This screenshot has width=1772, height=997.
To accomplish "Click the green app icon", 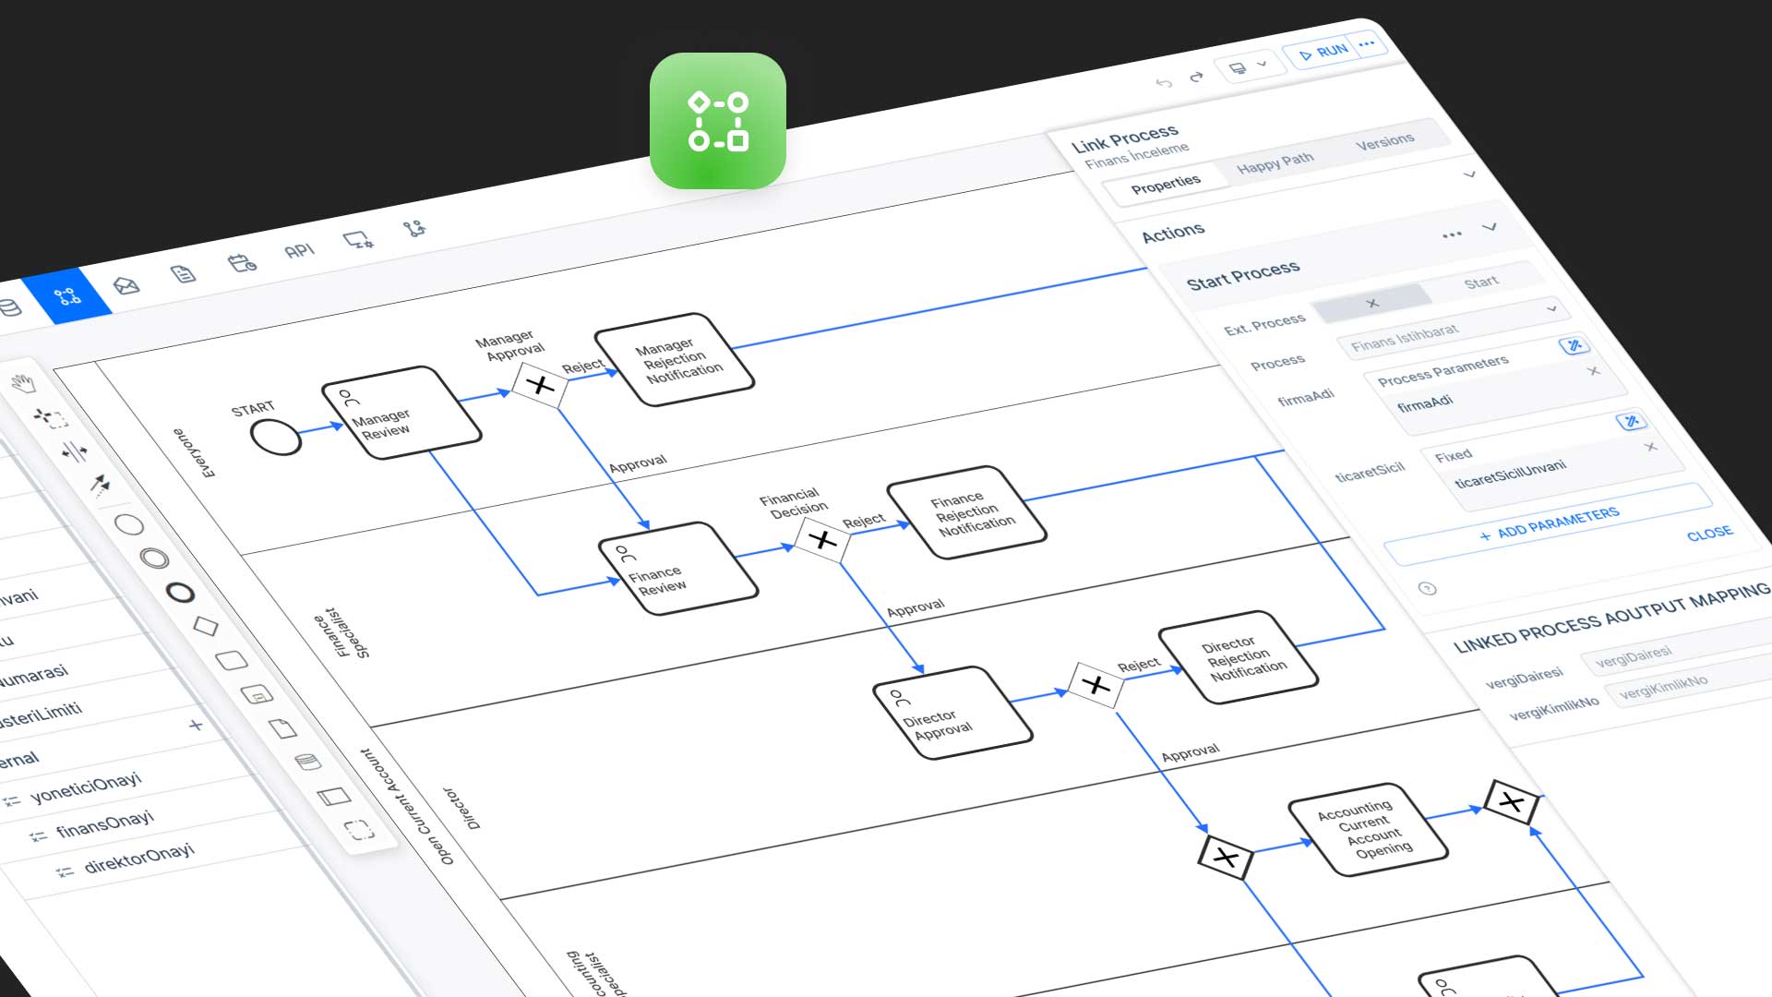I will pos(717,121).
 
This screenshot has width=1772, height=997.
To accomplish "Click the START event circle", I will pos(275,437).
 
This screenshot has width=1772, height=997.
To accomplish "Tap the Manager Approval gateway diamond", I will pos(540,384).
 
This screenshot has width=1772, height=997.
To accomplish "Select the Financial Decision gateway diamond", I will pos(822,539).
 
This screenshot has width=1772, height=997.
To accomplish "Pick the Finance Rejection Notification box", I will pos(966,512).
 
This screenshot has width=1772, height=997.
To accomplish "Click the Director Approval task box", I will pos(952,713).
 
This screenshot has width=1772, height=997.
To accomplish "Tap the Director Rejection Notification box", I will pos(1238,657).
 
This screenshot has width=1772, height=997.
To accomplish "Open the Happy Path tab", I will pos(1275,162).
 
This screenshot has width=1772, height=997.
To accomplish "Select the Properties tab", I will pos(1166,184).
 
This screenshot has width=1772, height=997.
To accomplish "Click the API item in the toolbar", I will pos(299,251).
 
